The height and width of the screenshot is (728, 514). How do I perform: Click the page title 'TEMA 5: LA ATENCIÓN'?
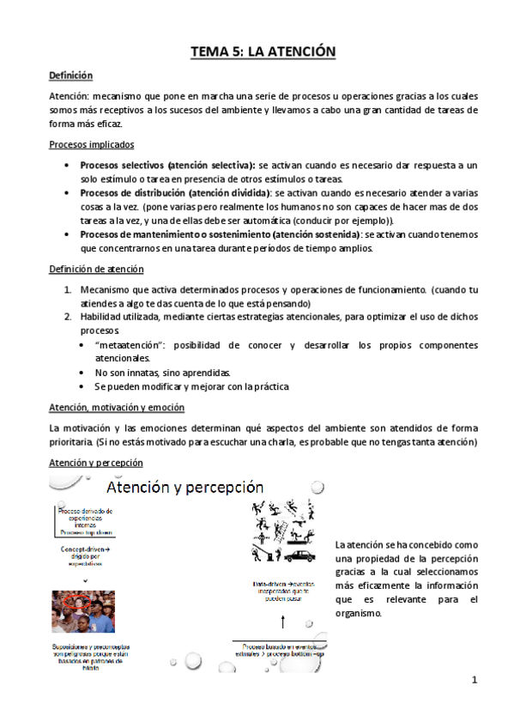click(x=263, y=53)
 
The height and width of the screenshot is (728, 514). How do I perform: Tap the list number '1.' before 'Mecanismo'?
click(x=68, y=289)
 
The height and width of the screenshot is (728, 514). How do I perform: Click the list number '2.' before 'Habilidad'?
click(x=68, y=317)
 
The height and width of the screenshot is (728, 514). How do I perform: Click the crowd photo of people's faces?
click(x=82, y=610)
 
